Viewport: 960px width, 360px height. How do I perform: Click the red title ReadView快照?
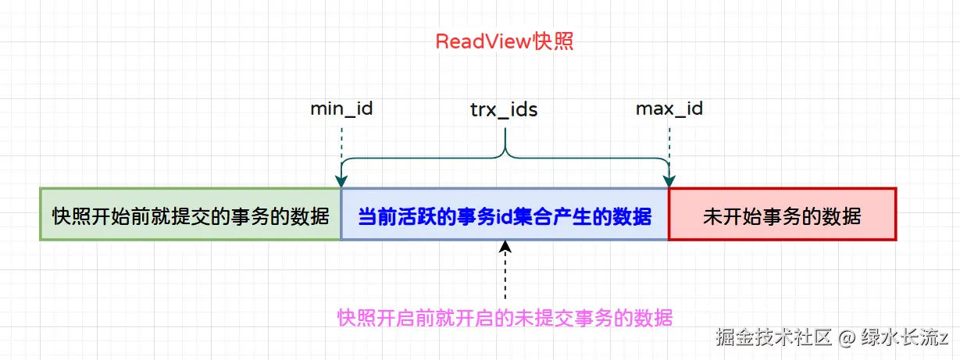[x=504, y=41]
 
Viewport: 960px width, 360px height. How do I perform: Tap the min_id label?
[x=341, y=109]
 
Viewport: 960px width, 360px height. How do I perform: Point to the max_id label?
[x=669, y=109]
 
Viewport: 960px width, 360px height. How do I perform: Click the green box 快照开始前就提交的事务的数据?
[x=191, y=214]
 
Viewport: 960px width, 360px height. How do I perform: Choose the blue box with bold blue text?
[x=505, y=214]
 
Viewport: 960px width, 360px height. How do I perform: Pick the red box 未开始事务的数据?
[x=782, y=214]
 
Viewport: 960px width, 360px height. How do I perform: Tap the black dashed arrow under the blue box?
[x=505, y=273]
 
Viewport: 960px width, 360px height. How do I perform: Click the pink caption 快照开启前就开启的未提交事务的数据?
[x=505, y=318]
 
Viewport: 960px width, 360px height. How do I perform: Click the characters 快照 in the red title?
[x=553, y=41]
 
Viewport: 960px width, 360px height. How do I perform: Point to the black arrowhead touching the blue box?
[x=505, y=247]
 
